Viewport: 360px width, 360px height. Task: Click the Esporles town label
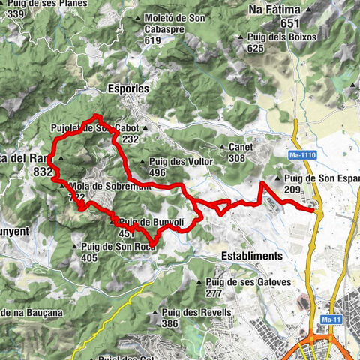pos(129,88)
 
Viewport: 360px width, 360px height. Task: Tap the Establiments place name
pos(252,255)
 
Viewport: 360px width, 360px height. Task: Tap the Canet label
pos(236,148)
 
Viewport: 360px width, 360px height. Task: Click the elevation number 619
pos(153,40)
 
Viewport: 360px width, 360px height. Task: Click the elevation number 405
pos(90,258)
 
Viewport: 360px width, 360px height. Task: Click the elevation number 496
pos(157,172)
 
